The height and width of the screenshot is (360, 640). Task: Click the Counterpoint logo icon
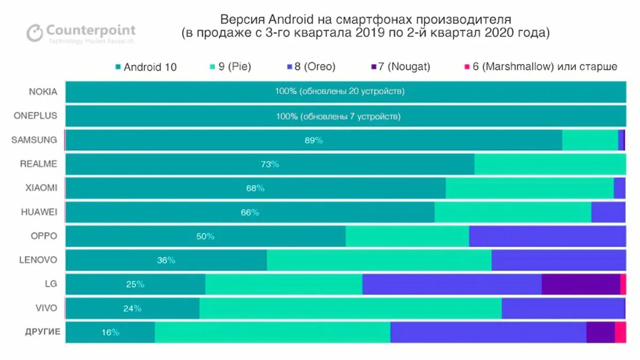point(35,33)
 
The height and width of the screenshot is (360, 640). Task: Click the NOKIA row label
point(43,91)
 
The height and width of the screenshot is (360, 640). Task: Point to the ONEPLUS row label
point(36,116)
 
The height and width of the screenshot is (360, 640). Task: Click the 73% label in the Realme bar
point(270,164)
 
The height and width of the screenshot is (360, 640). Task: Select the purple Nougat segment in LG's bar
point(580,284)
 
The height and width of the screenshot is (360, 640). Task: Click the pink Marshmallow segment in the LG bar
point(623,284)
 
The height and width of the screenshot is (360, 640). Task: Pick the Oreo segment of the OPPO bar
point(547,236)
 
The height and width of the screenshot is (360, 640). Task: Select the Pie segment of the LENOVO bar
point(379,260)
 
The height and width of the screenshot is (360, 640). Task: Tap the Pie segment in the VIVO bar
point(350,308)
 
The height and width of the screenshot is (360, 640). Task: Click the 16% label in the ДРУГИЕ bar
point(110,332)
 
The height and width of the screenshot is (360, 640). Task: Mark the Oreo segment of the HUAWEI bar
point(608,212)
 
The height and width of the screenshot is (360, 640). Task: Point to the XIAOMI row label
point(41,188)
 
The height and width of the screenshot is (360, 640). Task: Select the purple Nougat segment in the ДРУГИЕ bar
point(600,332)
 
